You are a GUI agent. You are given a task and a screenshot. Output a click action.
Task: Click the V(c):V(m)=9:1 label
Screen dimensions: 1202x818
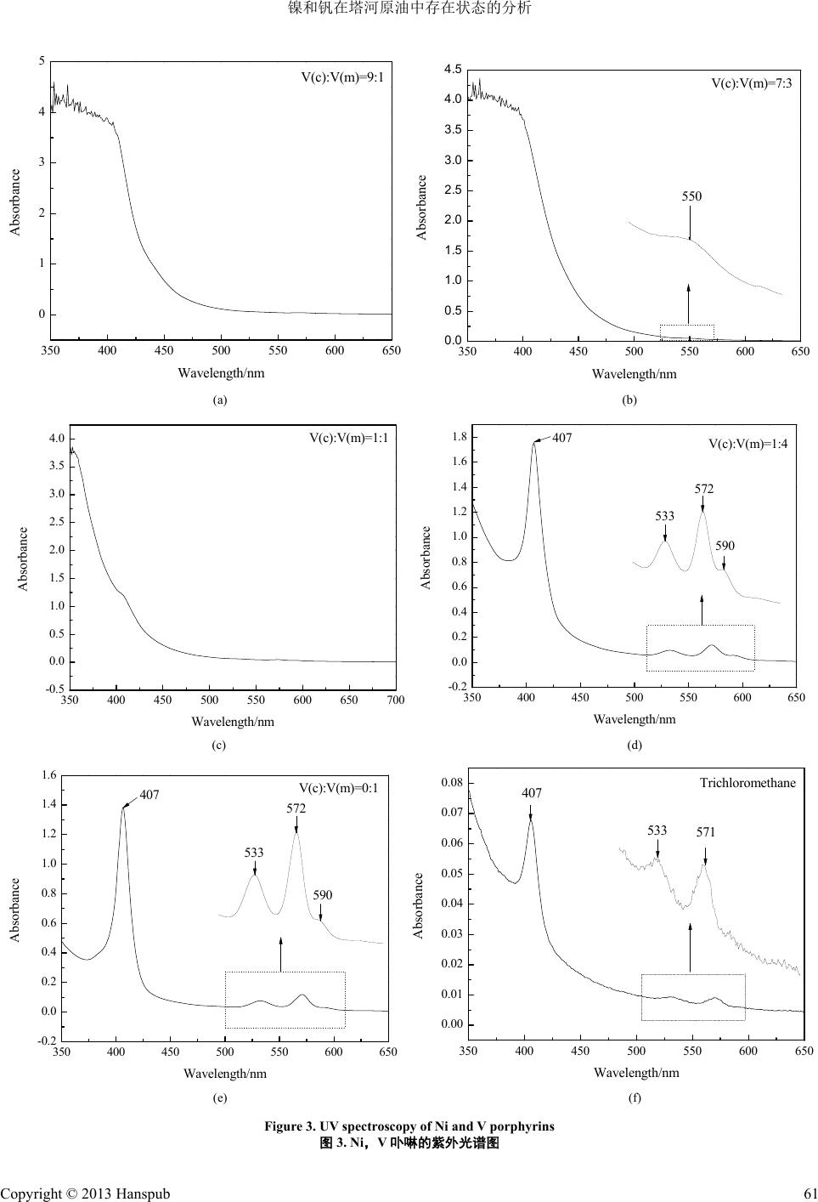[x=342, y=77]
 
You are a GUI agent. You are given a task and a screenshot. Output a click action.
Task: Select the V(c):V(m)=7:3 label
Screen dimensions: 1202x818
[x=751, y=83]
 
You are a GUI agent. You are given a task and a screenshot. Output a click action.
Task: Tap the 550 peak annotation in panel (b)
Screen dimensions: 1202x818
[x=691, y=196]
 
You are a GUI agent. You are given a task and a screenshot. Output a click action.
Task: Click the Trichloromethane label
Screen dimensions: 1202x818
[x=747, y=782]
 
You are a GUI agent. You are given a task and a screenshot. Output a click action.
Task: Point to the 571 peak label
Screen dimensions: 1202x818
[x=706, y=832]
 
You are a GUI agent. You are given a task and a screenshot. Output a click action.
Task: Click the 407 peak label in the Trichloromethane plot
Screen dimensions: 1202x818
[x=531, y=793]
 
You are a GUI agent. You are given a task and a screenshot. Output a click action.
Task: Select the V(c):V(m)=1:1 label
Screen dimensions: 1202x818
[x=348, y=439]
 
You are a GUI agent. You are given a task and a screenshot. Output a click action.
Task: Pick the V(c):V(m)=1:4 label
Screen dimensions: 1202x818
[x=748, y=444]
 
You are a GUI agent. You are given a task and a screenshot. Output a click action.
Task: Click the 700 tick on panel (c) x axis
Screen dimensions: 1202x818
[x=395, y=700]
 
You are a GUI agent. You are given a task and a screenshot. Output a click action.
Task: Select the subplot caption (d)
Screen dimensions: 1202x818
[x=635, y=746]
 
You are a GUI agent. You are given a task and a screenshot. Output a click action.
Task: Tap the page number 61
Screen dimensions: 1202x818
[x=808, y=1193]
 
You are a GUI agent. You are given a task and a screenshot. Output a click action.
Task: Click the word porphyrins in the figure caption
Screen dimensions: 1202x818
[x=523, y=1126]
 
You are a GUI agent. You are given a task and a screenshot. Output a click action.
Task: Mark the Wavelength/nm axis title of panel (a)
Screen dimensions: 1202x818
[x=221, y=373]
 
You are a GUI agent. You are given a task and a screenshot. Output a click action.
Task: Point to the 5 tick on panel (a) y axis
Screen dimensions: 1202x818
[x=42, y=61]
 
